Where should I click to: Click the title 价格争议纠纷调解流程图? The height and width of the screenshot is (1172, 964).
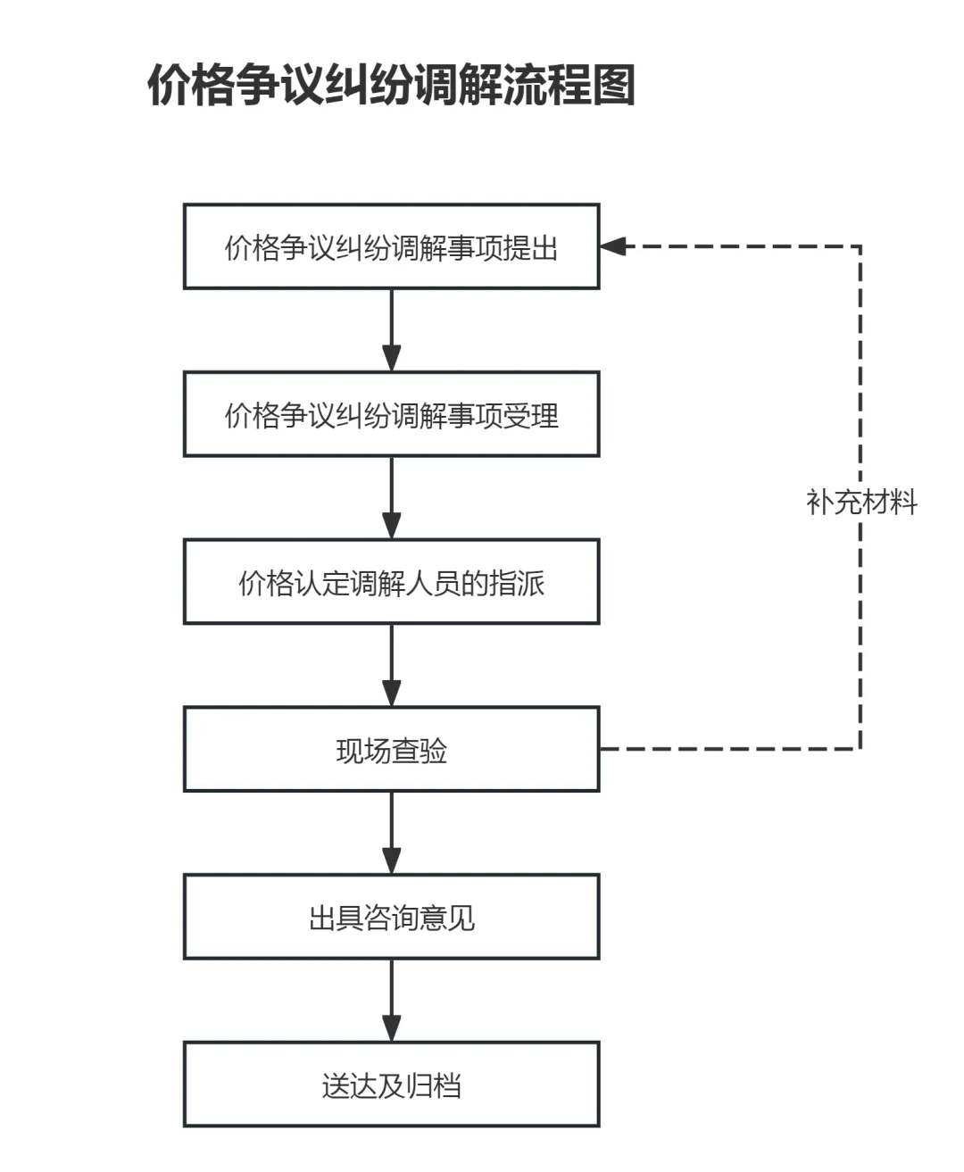(x=391, y=85)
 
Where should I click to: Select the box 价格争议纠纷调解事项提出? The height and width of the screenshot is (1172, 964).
(x=392, y=246)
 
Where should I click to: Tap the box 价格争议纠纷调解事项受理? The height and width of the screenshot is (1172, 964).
(x=392, y=414)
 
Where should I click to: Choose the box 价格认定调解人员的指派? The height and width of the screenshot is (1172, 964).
(x=392, y=582)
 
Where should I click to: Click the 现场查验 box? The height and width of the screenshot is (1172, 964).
(x=392, y=750)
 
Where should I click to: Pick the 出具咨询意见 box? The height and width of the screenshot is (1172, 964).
(x=392, y=918)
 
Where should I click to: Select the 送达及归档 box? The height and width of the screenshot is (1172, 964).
(x=392, y=1085)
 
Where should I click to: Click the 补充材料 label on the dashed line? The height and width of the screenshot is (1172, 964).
(x=861, y=503)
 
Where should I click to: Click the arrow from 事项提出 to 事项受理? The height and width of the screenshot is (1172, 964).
(x=392, y=330)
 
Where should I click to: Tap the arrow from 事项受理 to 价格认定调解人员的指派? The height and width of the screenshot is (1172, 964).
(x=392, y=498)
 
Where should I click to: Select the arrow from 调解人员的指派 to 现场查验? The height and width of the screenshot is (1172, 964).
(x=392, y=666)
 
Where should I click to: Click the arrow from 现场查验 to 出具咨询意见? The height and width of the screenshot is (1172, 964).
(x=392, y=834)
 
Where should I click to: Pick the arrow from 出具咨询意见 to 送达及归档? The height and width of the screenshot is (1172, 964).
(x=392, y=1002)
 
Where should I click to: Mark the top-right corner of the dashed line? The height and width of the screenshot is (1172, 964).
(x=860, y=246)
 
